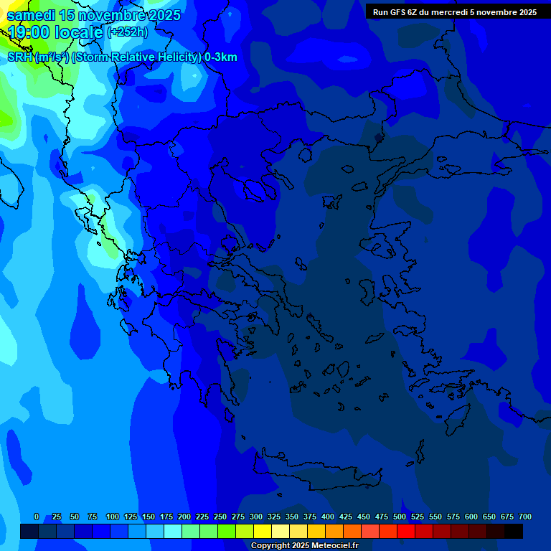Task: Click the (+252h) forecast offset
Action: [x=127, y=32]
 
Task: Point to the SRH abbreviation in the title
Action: [x=19, y=57]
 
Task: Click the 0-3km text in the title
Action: [x=220, y=57]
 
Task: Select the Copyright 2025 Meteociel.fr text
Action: [x=304, y=546]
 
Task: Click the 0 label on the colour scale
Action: [x=37, y=517]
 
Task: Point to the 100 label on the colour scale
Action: [x=113, y=517]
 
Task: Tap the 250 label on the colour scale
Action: [x=220, y=517]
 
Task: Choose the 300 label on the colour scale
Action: [x=256, y=517]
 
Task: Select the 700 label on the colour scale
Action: [x=525, y=517]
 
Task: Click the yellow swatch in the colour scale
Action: [x=263, y=531]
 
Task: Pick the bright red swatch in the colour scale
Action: [x=406, y=531]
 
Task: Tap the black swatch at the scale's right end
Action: [x=514, y=531]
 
